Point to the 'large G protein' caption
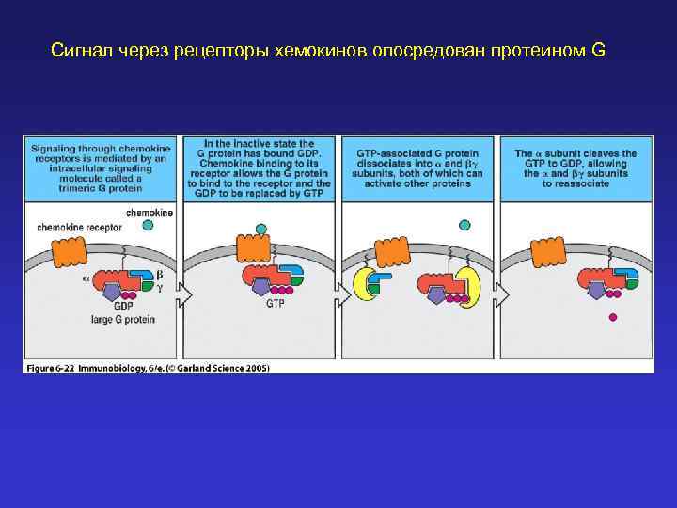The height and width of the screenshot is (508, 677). pos(124,320)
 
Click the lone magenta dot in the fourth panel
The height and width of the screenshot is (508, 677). pos(613,318)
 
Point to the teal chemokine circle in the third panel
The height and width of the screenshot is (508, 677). pos(463,225)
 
